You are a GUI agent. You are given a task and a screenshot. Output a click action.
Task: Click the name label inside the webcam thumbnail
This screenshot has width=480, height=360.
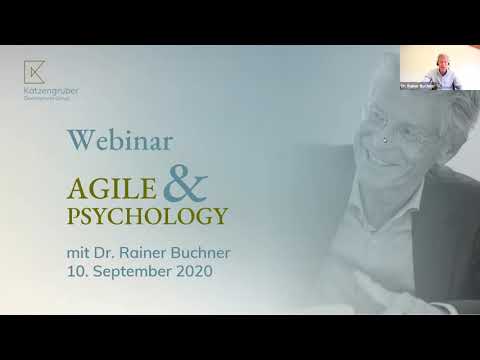[415, 87]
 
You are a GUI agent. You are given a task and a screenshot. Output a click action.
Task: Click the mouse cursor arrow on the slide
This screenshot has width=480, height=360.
[385, 140]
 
